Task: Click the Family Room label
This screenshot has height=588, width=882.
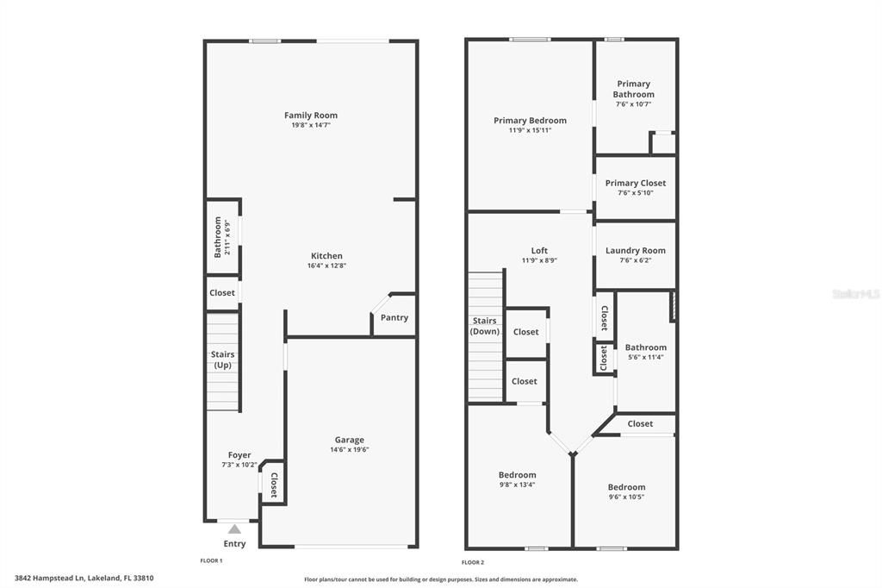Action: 311,115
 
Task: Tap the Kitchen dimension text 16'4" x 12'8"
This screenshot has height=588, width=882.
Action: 326,266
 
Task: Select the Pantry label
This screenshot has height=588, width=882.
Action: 394,318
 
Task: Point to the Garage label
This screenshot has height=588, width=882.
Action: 349,440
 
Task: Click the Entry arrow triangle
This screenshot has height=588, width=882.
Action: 234,529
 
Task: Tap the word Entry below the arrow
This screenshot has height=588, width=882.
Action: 234,544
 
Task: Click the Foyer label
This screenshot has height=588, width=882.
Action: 239,455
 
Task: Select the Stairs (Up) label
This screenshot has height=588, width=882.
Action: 223,360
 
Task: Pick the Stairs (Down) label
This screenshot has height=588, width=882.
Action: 485,326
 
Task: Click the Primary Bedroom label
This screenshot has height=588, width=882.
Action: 530,121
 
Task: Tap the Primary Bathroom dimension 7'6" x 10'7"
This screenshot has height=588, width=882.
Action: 633,104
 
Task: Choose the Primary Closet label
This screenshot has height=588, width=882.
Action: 635,183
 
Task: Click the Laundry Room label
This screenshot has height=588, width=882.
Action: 636,251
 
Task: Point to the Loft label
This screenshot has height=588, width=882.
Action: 539,251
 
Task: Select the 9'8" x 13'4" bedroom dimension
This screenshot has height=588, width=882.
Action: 517,485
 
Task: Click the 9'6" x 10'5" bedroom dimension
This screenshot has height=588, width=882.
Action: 626,497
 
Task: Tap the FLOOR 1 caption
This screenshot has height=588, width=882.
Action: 211,561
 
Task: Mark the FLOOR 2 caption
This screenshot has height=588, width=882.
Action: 473,562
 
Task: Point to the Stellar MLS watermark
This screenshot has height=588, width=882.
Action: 855,294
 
